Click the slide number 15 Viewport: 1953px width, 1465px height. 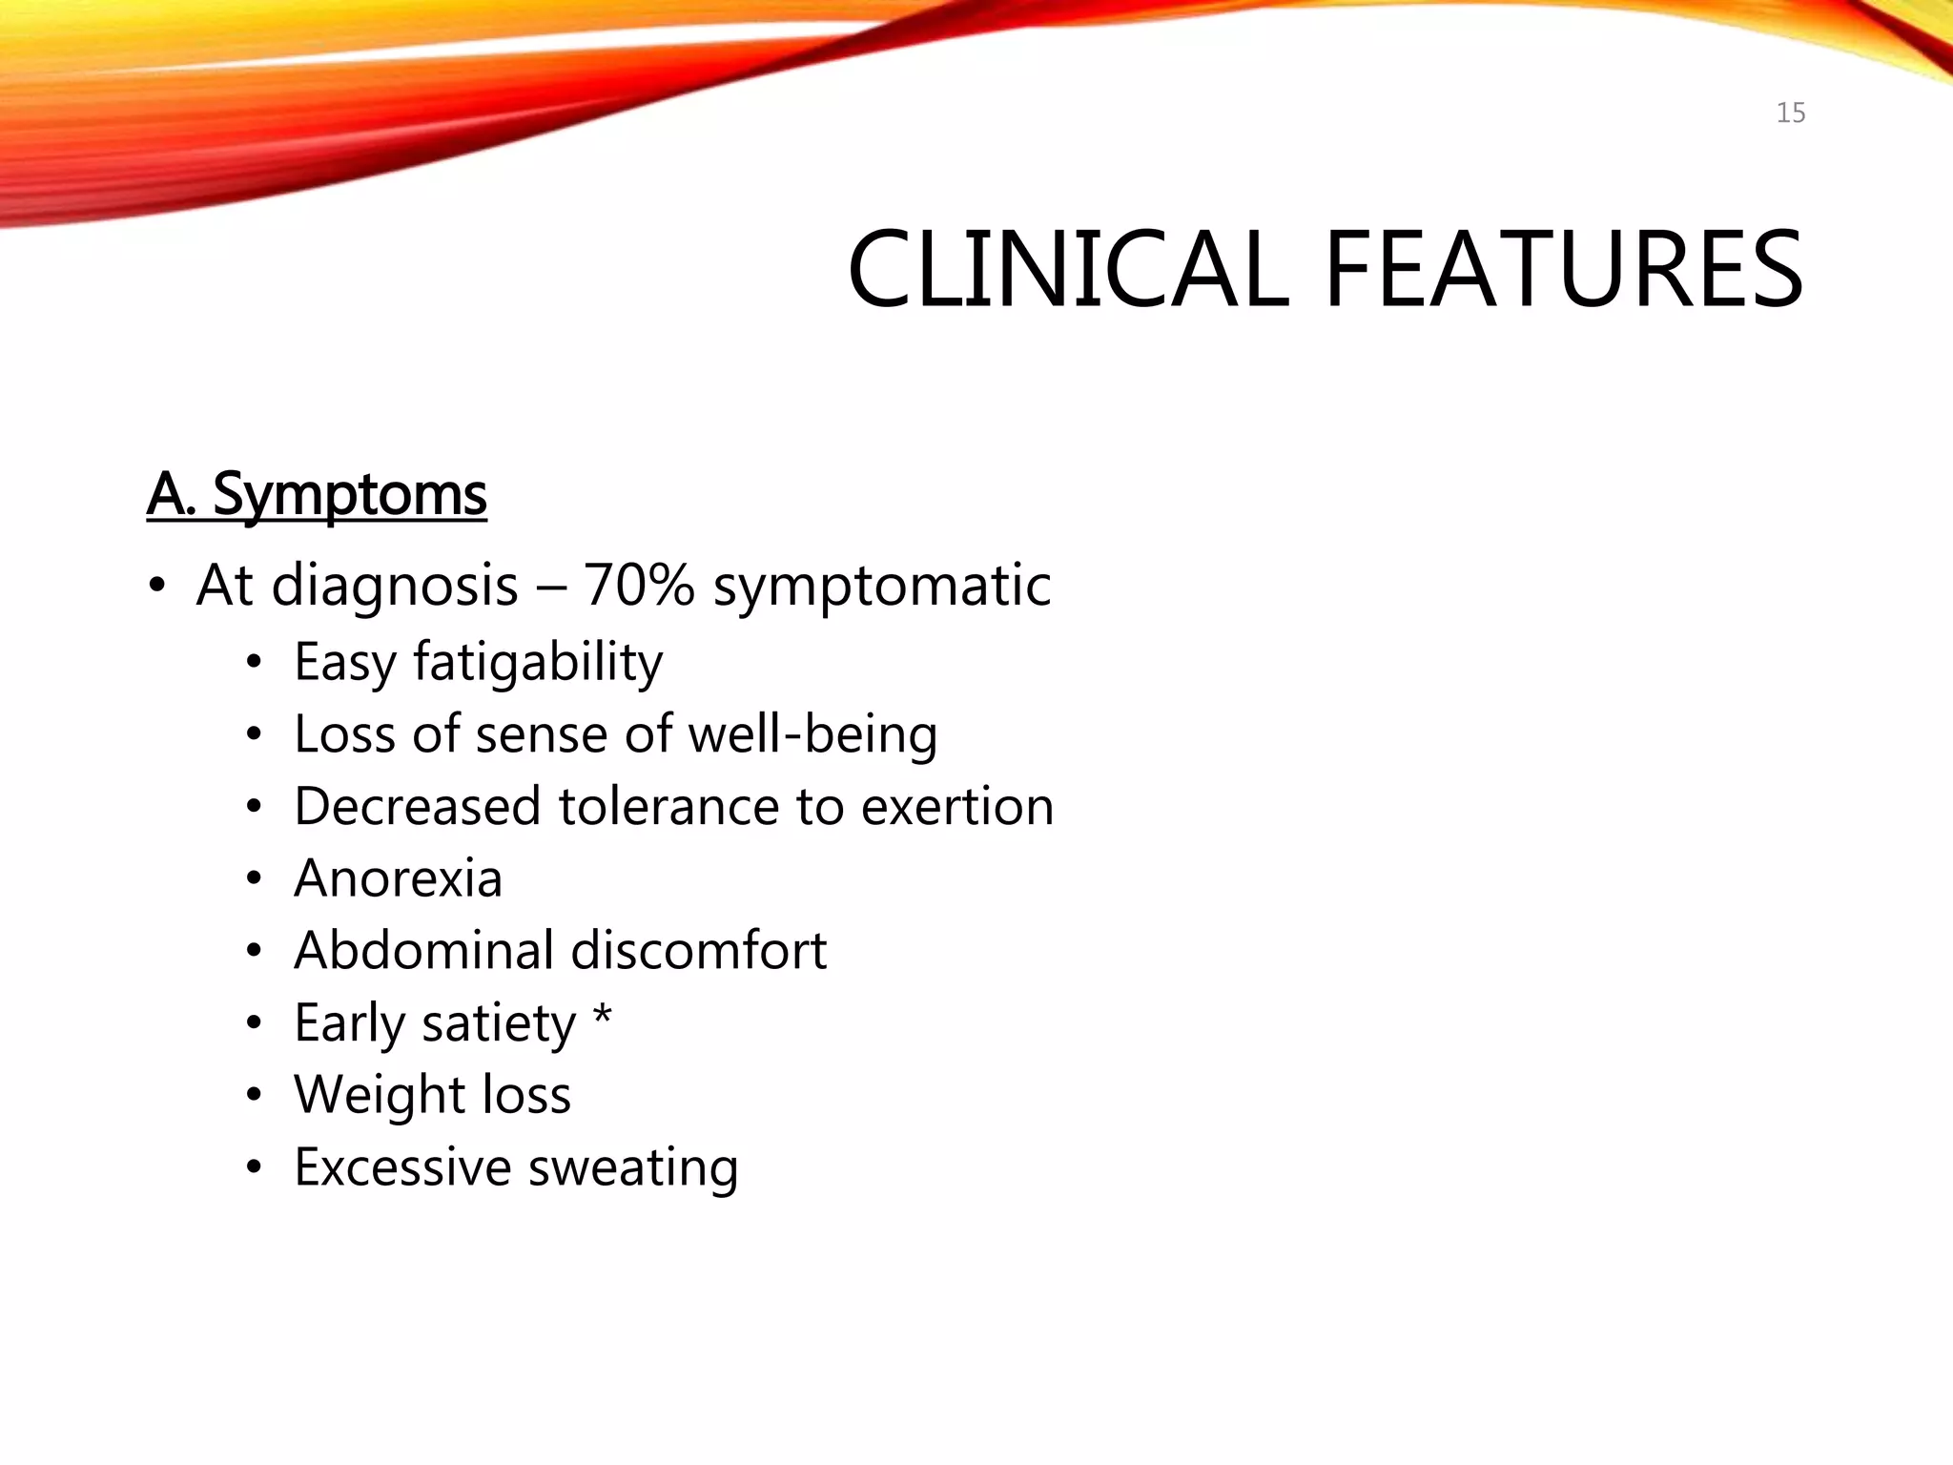pos(1790,113)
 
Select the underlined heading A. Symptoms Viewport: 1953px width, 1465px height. pos(317,495)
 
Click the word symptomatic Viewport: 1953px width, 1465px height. pos(882,587)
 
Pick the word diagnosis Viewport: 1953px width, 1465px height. pos(394,587)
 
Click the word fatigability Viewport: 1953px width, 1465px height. pos(537,662)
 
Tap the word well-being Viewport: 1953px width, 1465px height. pos(812,735)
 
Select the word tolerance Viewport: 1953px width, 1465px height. pos(668,807)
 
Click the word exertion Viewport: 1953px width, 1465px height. pos(956,807)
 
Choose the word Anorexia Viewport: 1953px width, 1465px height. pos(398,878)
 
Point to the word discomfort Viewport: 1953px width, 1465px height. pos(698,951)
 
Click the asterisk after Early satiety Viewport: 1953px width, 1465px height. pos(602,1017)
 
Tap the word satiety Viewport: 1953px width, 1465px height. pos(499,1024)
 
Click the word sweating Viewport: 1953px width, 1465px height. pos(633,1168)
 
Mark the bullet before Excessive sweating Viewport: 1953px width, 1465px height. pos(253,1168)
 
